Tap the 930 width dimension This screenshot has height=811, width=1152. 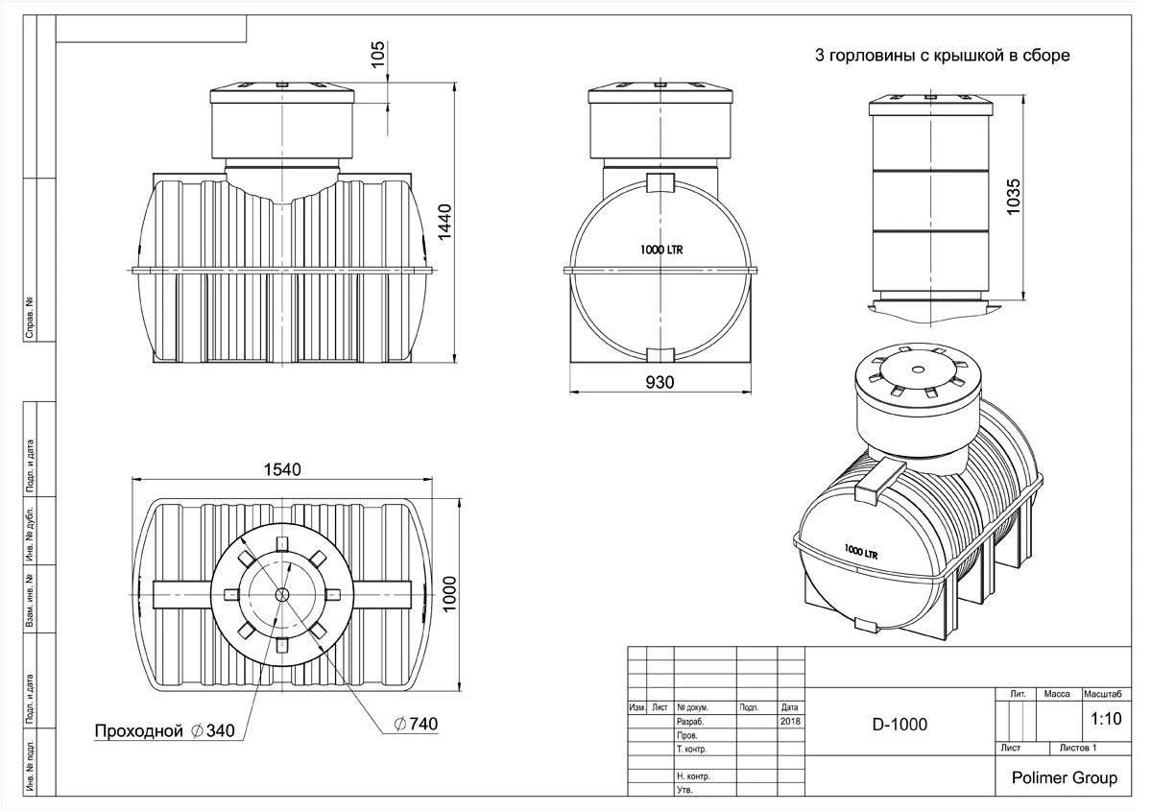coord(660,382)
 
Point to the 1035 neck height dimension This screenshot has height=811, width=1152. coord(1017,198)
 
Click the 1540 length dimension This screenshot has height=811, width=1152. coord(280,469)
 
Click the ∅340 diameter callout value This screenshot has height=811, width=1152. coord(213,731)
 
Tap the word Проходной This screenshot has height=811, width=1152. coord(138,731)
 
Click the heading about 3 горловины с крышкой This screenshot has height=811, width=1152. coord(942,56)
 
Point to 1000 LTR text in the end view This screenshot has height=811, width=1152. coord(661,250)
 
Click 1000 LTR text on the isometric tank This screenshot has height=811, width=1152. coord(861,552)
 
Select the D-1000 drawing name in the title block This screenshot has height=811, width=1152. coord(900,724)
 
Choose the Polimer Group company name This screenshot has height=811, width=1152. coord(1065,777)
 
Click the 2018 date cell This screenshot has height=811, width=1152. coord(790,720)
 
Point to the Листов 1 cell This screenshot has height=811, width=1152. coord(1077,747)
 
